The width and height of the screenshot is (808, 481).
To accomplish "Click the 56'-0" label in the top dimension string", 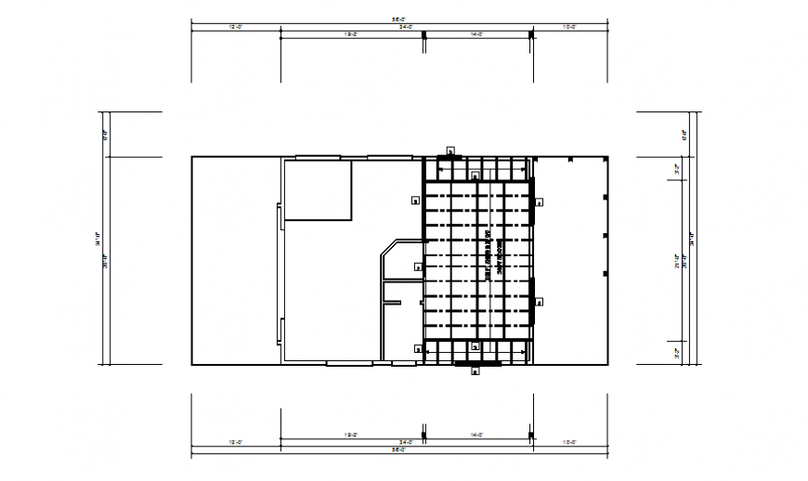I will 398,18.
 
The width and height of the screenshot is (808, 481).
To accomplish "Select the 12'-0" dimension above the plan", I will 236,27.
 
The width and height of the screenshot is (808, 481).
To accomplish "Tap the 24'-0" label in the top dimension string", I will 406,27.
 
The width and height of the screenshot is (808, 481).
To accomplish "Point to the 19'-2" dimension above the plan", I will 352,34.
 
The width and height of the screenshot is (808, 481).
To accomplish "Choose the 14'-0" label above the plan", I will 477,34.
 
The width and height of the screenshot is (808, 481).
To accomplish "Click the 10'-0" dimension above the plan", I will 569,27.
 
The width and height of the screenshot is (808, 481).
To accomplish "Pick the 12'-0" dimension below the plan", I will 236,442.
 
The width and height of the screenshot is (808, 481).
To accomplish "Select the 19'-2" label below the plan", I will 352,435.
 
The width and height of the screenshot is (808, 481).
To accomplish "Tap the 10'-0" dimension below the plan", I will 569,442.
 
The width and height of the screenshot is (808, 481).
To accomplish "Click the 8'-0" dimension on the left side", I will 104,134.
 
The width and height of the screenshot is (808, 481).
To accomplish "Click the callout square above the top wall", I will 450,149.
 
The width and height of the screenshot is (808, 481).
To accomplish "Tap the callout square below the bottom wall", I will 476,371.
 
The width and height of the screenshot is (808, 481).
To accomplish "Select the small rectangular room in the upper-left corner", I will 318,189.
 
